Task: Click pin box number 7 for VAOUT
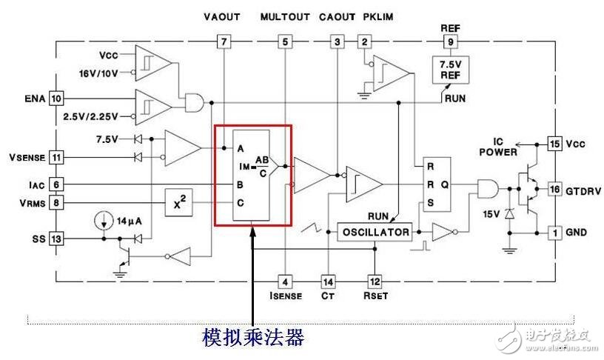[x=223, y=42]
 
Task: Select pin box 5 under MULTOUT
[x=285, y=42]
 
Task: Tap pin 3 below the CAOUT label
[x=338, y=42]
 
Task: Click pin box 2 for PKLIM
[x=363, y=42]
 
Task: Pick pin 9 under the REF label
[x=451, y=42]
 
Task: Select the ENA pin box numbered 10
[x=57, y=98]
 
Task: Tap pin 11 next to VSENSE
[x=57, y=156]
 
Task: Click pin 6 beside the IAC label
[x=57, y=184]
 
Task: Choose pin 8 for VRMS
[x=57, y=201]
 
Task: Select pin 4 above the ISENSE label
[x=285, y=281]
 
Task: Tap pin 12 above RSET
[x=375, y=281]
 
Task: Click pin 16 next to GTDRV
[x=554, y=190]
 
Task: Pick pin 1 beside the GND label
[x=554, y=233]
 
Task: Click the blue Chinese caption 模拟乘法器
[x=254, y=338]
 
